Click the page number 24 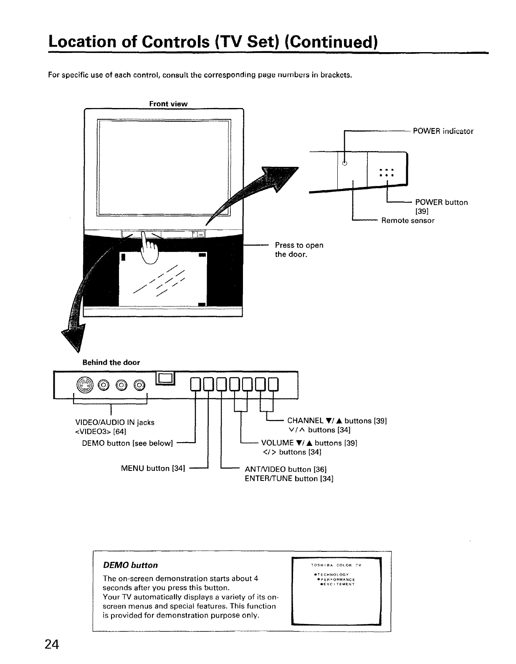53,644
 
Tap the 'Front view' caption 168,103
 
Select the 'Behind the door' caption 111,362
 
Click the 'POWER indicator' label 443,131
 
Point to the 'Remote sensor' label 408,221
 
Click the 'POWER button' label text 441,202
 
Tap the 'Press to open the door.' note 299,249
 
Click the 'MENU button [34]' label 152,468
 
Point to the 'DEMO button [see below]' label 127,443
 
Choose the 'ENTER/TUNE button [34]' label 289,478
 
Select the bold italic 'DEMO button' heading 130,565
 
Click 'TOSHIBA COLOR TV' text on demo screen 336,565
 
